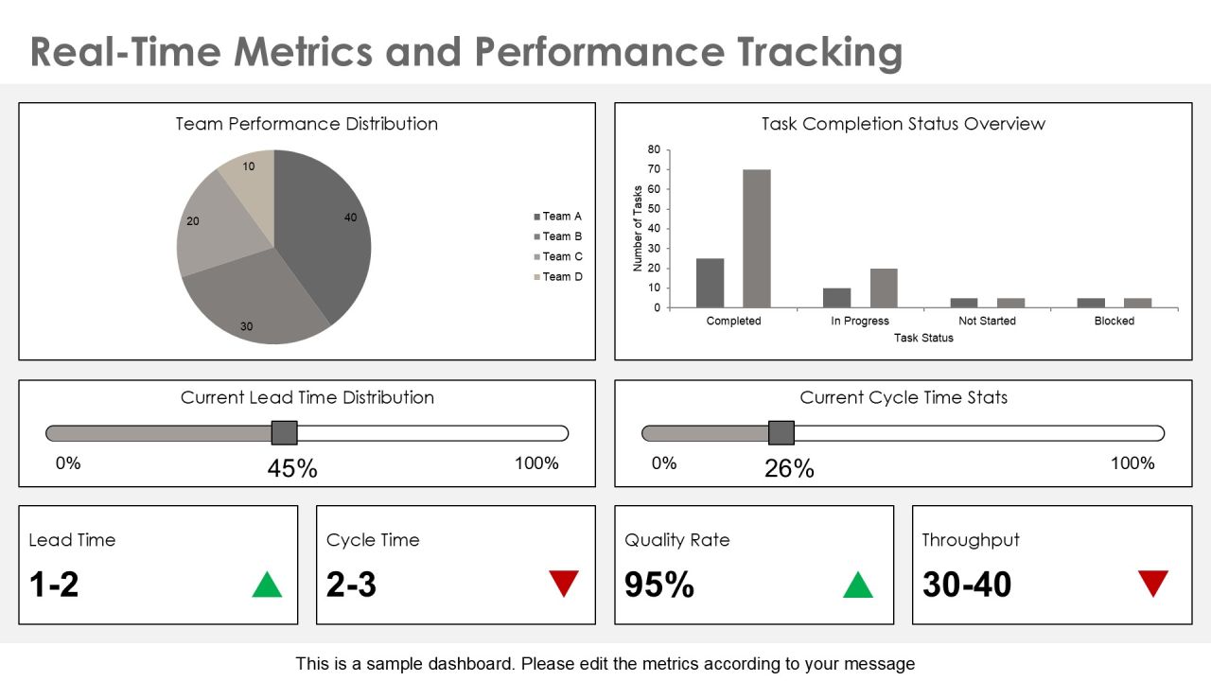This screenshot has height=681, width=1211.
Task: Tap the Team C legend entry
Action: coord(558,256)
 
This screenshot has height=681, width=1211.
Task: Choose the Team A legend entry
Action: coord(558,217)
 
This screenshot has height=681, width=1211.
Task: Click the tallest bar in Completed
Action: coord(757,238)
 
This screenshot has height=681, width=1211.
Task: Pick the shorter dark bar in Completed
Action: coord(710,283)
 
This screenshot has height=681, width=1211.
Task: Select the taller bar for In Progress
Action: coord(884,288)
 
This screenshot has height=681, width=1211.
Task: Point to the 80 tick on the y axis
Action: coord(654,149)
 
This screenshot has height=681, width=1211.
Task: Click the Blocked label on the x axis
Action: coord(1114,321)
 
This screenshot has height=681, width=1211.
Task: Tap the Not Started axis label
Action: coord(987,321)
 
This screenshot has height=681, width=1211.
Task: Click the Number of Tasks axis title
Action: coord(638,228)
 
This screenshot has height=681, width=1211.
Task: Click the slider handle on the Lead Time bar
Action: coord(285,433)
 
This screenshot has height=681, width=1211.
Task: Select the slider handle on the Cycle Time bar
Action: coord(781,433)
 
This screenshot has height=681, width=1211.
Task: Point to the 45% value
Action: coord(292,468)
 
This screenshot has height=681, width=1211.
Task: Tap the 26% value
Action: coord(789,468)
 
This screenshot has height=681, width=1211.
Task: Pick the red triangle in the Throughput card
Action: coord(1153,582)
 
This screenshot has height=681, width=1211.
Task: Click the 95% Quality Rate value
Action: coord(659,585)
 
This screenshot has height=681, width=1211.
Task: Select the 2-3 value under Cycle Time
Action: coord(351,585)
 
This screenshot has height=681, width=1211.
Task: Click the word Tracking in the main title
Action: coord(819,52)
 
